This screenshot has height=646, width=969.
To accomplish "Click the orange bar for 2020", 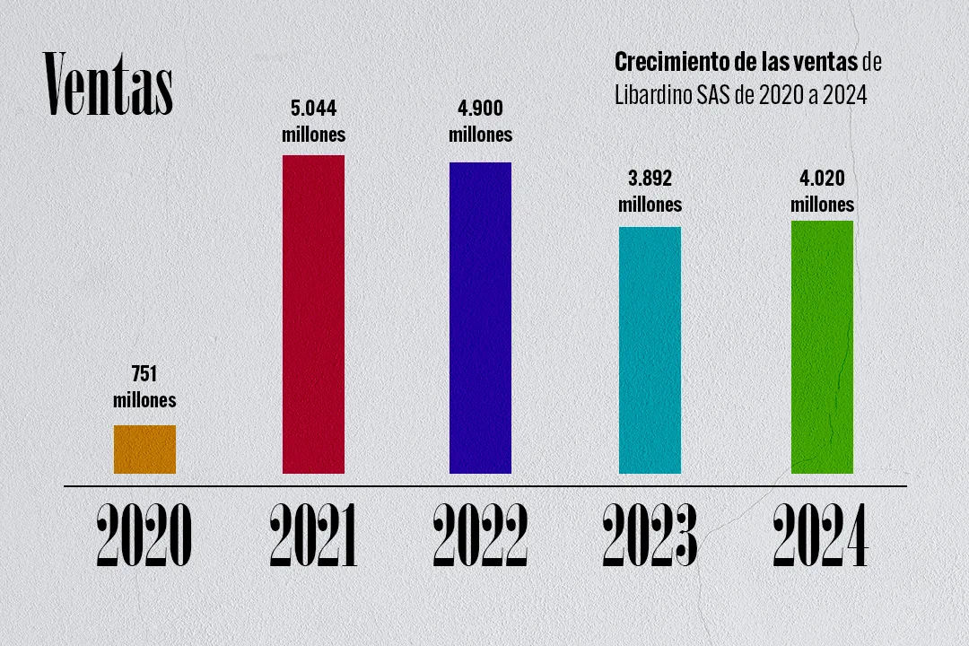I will pyautogui.click(x=144, y=449).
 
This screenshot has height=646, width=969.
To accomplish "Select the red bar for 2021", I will pyautogui.click(x=313, y=314).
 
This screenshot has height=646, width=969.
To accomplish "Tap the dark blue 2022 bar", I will pyautogui.click(x=480, y=318).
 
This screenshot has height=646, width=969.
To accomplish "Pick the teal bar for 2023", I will pyautogui.click(x=650, y=350).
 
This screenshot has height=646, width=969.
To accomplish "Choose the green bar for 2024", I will pyautogui.click(x=822, y=346).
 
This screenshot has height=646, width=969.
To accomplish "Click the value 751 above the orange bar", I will pyautogui.click(x=144, y=375).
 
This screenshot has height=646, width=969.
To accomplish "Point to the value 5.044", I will pyautogui.click(x=313, y=110).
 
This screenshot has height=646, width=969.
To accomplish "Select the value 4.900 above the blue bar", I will pyautogui.click(x=480, y=110).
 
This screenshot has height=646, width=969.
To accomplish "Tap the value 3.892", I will pyautogui.click(x=650, y=179).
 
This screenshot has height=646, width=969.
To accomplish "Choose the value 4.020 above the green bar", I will pyautogui.click(x=822, y=179).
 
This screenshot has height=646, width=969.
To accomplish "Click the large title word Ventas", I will pyautogui.click(x=109, y=85).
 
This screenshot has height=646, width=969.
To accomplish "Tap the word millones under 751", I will pyautogui.click(x=144, y=399).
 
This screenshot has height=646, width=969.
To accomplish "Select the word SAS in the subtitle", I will pyautogui.click(x=713, y=95).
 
